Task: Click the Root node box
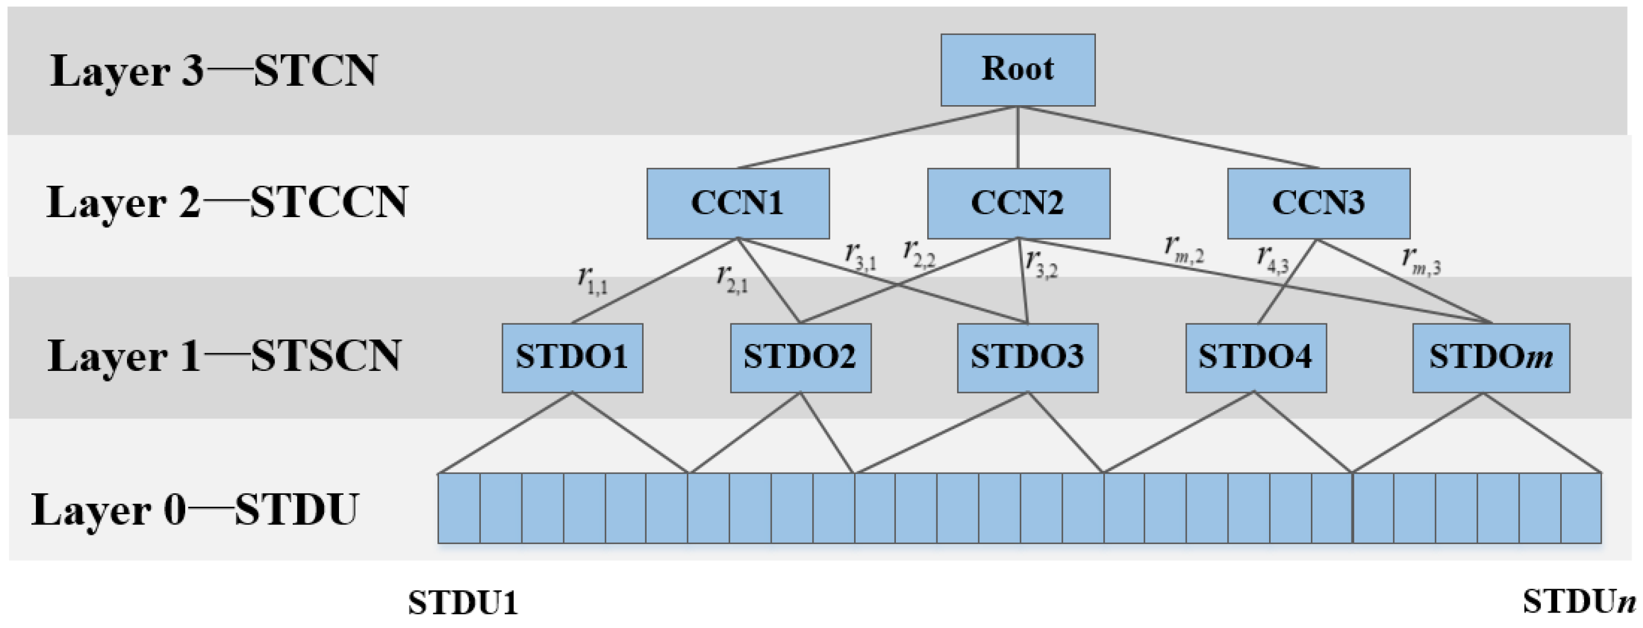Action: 1018,70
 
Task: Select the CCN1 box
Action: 737,203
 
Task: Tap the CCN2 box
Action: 1018,203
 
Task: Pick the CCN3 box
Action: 1318,203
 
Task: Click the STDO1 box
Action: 572,358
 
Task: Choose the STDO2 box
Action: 800,358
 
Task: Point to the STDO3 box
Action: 1027,358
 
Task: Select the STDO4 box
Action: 1255,358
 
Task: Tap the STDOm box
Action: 1490,358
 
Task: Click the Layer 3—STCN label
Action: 214,71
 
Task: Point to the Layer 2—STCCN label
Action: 226,203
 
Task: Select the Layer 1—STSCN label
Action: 224,357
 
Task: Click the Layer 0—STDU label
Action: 195,510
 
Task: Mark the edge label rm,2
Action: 1184,250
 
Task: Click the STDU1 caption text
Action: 463,602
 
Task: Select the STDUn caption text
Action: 1578,601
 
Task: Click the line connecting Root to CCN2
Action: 1018,137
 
